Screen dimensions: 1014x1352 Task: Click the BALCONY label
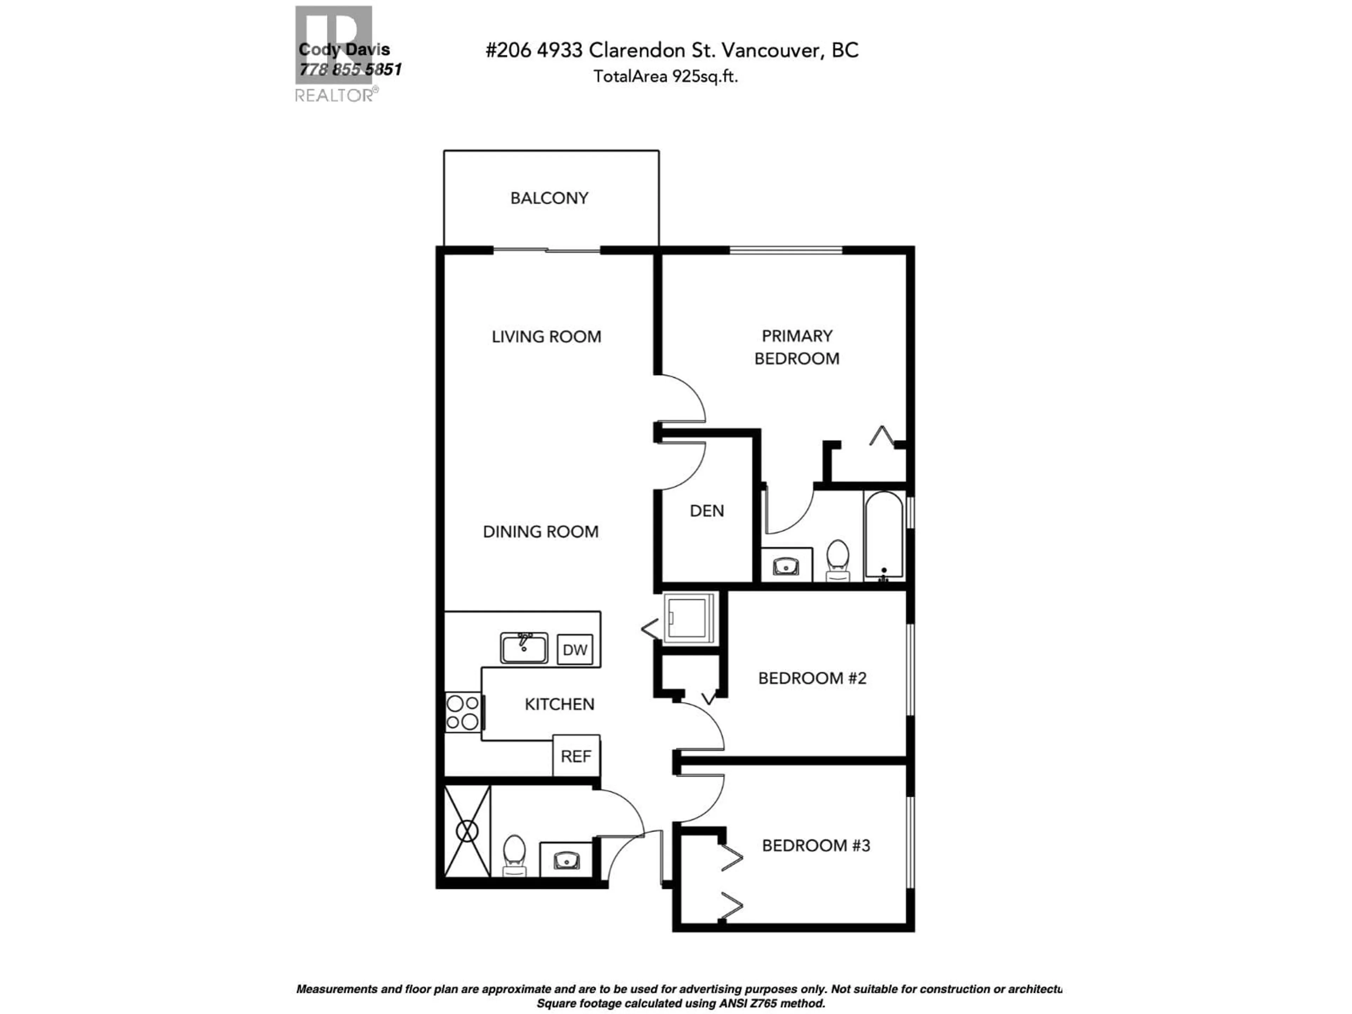(549, 198)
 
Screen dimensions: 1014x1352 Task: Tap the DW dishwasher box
(575, 650)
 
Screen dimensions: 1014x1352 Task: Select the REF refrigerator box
(576, 756)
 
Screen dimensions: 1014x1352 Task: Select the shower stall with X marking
(467, 831)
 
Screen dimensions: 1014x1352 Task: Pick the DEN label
(707, 511)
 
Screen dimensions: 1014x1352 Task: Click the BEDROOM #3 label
(815, 845)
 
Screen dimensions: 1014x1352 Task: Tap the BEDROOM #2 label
(812, 678)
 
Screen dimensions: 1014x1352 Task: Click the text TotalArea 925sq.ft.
(665, 76)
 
